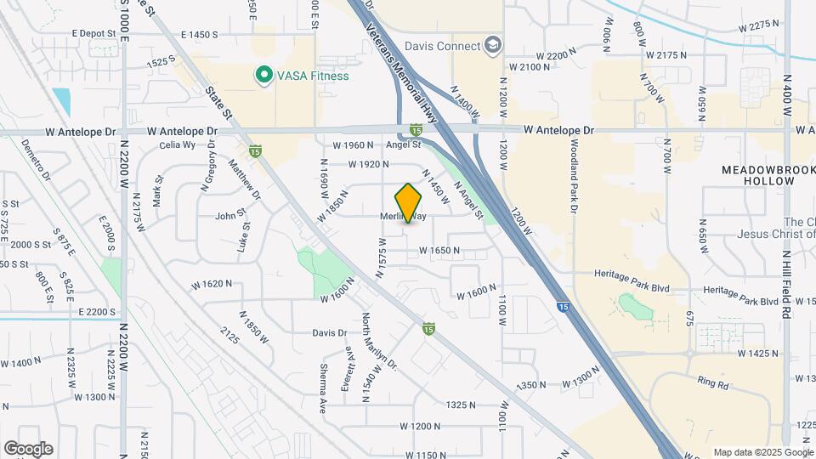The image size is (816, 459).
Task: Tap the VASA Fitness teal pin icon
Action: tap(263, 76)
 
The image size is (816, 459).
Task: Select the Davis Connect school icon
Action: tap(492, 45)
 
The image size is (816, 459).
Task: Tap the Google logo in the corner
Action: tap(28, 449)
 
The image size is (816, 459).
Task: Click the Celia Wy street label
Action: tap(177, 145)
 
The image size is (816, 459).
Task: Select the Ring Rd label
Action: tap(712, 384)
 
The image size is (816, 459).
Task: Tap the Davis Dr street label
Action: tap(330, 333)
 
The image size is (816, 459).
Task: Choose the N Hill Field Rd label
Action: tap(787, 284)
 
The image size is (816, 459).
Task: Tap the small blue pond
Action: tap(61, 101)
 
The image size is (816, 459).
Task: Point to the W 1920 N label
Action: tap(367, 164)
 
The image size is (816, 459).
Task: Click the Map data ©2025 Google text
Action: tap(762, 452)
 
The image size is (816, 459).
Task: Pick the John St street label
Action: tap(229, 216)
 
